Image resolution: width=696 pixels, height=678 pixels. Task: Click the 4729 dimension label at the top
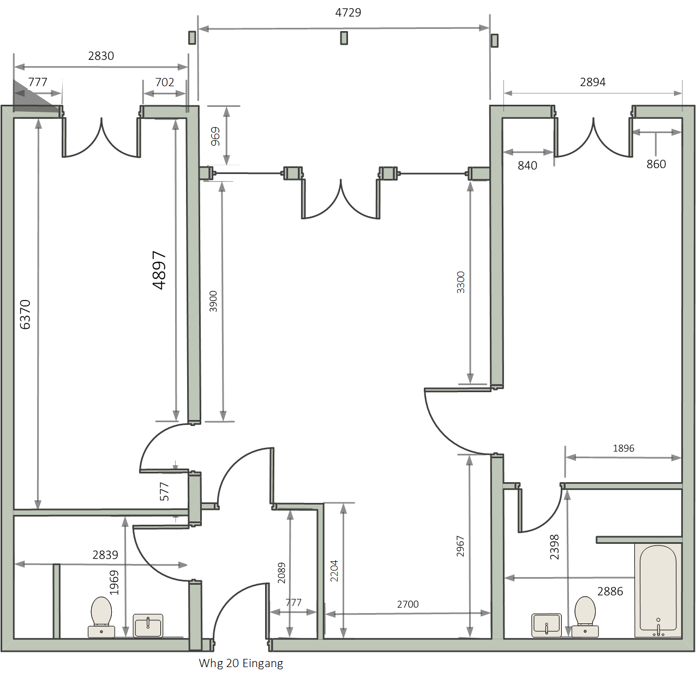pyautogui.click(x=348, y=13)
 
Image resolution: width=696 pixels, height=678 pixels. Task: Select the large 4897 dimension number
pyautogui.click(x=159, y=270)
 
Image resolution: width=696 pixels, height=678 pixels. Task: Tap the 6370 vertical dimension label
pyautogui.click(x=25, y=314)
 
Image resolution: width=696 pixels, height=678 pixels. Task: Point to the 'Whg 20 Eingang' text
pyautogui.click(x=241, y=663)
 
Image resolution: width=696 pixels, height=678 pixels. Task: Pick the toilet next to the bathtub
pyautogui.click(x=585, y=617)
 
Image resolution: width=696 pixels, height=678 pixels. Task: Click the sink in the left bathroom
pyautogui.click(x=148, y=625)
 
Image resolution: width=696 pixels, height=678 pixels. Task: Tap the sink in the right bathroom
pyautogui.click(x=547, y=625)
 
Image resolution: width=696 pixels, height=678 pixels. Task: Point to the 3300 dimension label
pyautogui.click(x=461, y=282)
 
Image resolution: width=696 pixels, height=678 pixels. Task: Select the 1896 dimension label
pyautogui.click(x=623, y=448)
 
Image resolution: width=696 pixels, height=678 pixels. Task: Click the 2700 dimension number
pyautogui.click(x=407, y=604)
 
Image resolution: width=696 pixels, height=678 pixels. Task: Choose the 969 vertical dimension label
pyautogui.click(x=215, y=136)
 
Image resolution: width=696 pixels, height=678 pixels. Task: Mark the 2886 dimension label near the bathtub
pyautogui.click(x=610, y=591)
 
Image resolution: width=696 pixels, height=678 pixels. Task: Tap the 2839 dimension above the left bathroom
pyautogui.click(x=105, y=555)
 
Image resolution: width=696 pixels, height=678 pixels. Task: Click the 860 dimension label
pyautogui.click(x=656, y=164)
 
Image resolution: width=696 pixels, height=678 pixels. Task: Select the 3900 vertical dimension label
pyautogui.click(x=213, y=301)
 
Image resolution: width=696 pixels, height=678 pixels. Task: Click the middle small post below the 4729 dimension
pyautogui.click(x=344, y=38)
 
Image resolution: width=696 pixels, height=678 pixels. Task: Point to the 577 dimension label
pyautogui.click(x=164, y=491)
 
